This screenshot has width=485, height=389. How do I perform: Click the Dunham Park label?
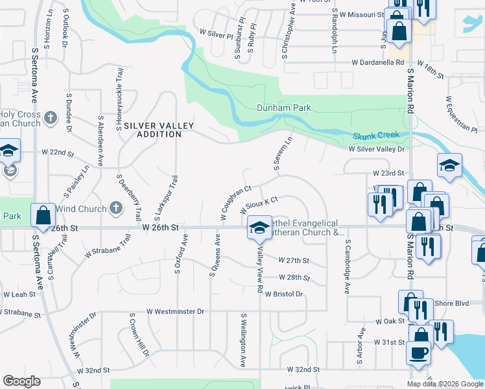tap(284, 108)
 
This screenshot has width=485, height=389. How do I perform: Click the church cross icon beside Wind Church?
tap(115, 208)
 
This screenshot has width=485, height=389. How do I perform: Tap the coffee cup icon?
tap(418, 353)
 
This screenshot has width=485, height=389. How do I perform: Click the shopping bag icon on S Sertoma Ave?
tap(43, 216)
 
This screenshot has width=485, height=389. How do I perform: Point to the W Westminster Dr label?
tap(175, 312)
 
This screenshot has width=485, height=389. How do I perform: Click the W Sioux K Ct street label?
tap(259, 206)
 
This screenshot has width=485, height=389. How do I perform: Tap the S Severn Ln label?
tap(284, 153)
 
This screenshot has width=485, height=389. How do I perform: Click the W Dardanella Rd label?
tap(377, 64)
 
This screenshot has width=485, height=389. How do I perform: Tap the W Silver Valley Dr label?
tap(376, 148)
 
